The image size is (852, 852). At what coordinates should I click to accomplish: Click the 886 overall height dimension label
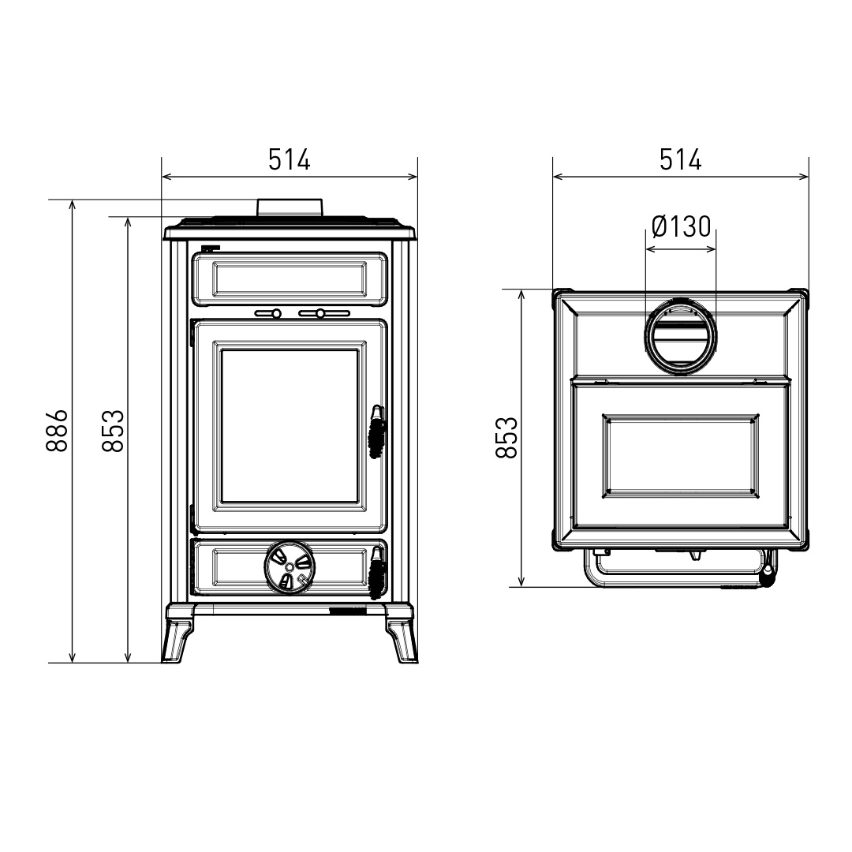point(56,430)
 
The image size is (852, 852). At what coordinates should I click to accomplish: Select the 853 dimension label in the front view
point(112,430)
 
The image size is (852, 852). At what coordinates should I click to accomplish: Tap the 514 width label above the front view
point(289,159)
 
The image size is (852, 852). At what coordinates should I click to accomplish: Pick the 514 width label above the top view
point(680,159)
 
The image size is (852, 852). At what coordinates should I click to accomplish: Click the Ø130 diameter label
point(681,227)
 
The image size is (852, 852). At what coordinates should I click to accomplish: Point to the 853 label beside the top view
point(506,437)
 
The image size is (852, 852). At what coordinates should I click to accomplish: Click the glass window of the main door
point(289,426)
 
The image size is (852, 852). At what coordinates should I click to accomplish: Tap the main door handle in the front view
point(377,432)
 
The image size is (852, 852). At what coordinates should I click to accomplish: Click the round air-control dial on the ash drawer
point(289,566)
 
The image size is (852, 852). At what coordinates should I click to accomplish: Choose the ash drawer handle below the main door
point(377,570)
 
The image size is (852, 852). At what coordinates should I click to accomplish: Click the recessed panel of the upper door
point(289,278)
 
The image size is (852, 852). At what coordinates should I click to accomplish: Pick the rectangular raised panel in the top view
point(680,457)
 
